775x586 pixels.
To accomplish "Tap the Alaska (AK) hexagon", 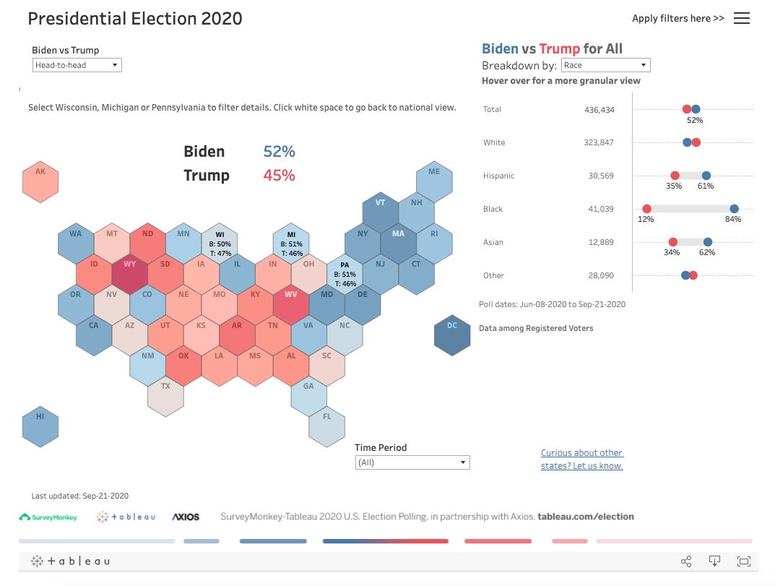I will pos(40,181).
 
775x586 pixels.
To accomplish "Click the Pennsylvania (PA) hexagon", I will pos(345,274).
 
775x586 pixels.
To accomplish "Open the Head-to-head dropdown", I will pos(77,65).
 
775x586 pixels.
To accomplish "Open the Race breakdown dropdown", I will pos(606,65).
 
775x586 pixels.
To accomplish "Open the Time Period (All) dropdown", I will pos(412,462).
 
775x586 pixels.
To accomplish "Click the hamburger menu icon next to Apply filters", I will pos(742,19).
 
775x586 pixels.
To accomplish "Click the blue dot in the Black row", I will pos(734,209).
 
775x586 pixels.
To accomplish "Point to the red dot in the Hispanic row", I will pos(675,176).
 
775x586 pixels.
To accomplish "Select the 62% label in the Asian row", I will pos(706,253).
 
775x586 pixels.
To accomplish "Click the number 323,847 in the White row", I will pos(598,142).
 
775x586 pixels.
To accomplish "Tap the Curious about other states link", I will pos(581,460).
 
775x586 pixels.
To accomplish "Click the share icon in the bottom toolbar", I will pos(686,561).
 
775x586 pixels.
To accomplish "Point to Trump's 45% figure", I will pos(279,176).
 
